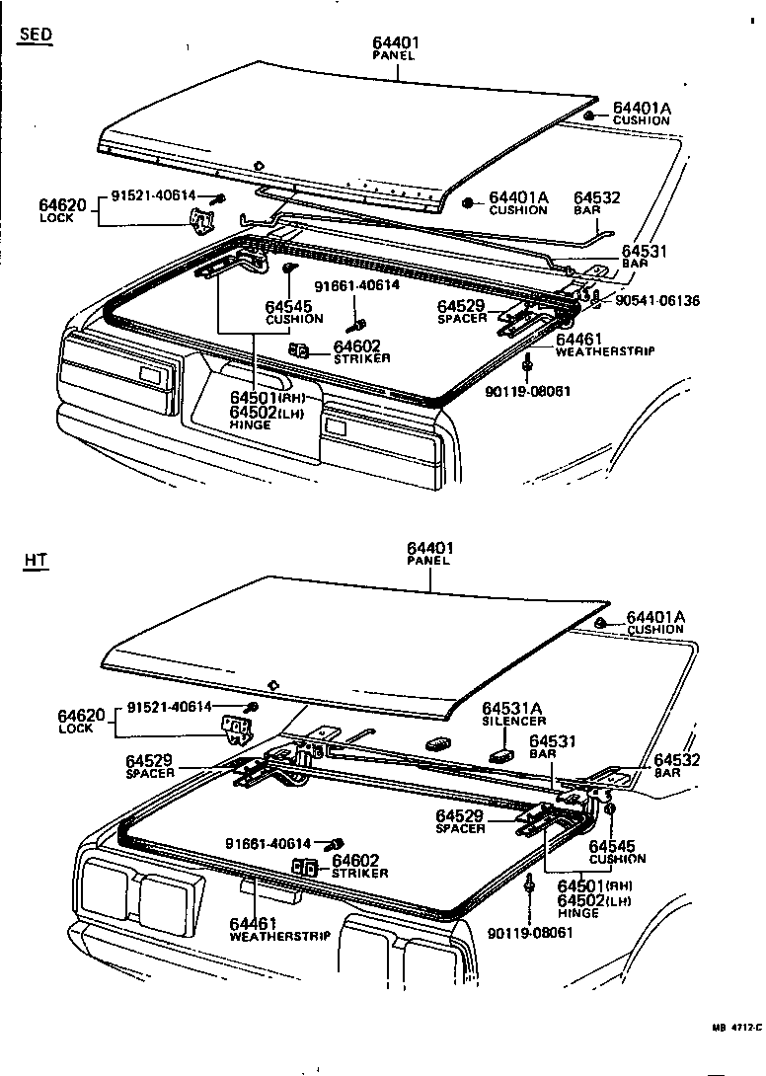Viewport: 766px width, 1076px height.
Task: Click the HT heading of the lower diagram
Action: (36, 561)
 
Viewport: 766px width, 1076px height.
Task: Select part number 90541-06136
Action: (658, 300)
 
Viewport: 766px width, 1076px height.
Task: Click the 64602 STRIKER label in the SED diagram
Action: (360, 351)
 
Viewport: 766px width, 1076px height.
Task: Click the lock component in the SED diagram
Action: (201, 222)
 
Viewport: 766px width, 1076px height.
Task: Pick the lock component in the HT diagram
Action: (237, 731)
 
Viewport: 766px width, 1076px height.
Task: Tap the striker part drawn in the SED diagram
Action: (300, 350)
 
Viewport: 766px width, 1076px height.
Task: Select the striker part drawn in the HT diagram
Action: (304, 868)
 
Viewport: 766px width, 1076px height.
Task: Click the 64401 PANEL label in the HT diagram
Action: (428, 553)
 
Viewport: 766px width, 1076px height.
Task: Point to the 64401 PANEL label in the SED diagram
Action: (395, 48)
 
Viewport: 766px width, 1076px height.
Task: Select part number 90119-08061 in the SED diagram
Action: (528, 391)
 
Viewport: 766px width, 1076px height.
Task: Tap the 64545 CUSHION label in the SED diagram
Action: (294, 312)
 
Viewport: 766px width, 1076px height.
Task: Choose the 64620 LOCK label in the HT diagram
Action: (77, 721)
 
